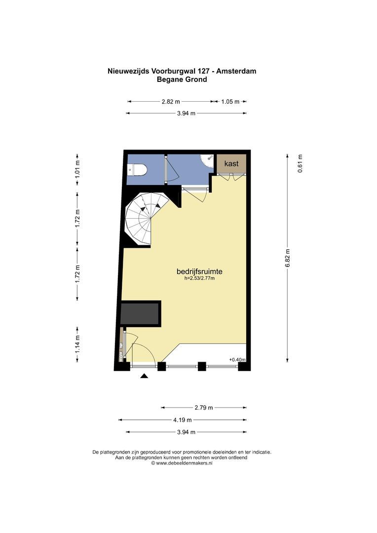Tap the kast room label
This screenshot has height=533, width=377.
tap(231, 163)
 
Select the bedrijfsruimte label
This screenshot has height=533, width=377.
tap(199, 271)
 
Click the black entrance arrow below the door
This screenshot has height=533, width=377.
tap(145, 376)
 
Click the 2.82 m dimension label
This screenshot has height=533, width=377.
tap(171, 101)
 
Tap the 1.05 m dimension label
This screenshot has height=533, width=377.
tap(230, 101)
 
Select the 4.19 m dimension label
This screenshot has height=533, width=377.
tap(182, 420)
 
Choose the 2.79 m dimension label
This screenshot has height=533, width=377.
tap(204, 408)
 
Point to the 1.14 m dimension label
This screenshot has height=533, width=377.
tap(77, 344)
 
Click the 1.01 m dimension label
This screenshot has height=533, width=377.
tap(77, 169)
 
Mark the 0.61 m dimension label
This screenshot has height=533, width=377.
tap(300, 163)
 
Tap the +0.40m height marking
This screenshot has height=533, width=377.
tap(237, 360)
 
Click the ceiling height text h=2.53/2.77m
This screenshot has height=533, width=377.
tap(199, 278)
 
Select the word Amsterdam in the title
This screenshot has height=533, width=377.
tap(236, 71)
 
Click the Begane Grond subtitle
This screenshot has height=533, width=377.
tap(182, 79)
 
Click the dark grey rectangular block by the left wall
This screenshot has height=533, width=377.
tap(141, 314)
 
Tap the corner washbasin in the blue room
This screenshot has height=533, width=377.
tap(207, 161)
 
